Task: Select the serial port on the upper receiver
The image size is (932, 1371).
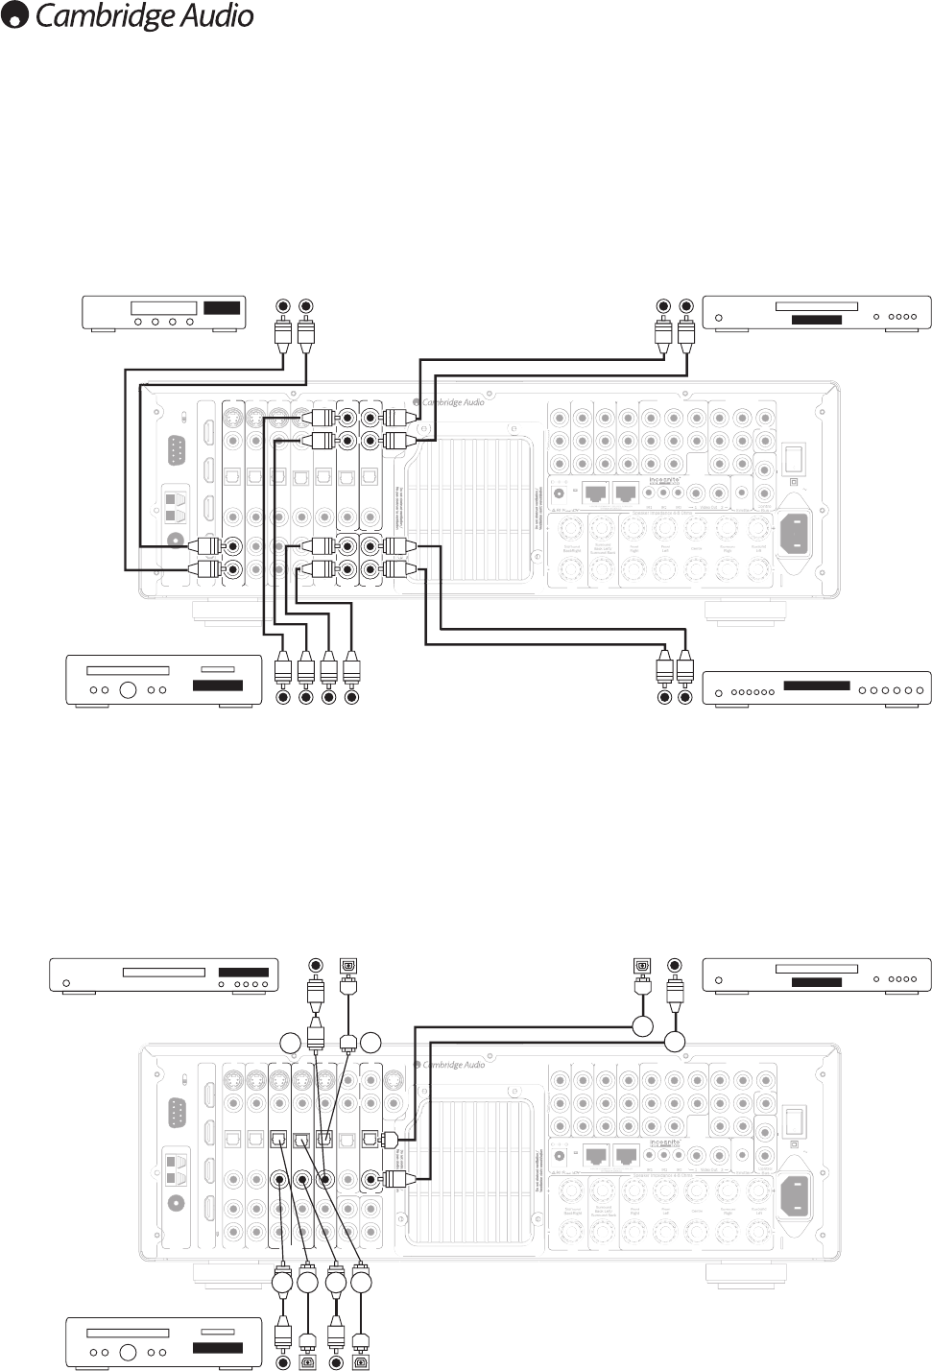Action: point(176,449)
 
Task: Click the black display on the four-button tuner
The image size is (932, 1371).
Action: point(221,308)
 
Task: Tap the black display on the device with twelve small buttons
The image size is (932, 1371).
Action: point(817,685)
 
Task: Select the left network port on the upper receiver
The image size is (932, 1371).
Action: point(596,493)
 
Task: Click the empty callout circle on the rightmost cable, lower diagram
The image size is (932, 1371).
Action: point(675,1043)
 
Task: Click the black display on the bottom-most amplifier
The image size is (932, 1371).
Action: point(218,1348)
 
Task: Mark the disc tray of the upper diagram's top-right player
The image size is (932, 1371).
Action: point(816,307)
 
